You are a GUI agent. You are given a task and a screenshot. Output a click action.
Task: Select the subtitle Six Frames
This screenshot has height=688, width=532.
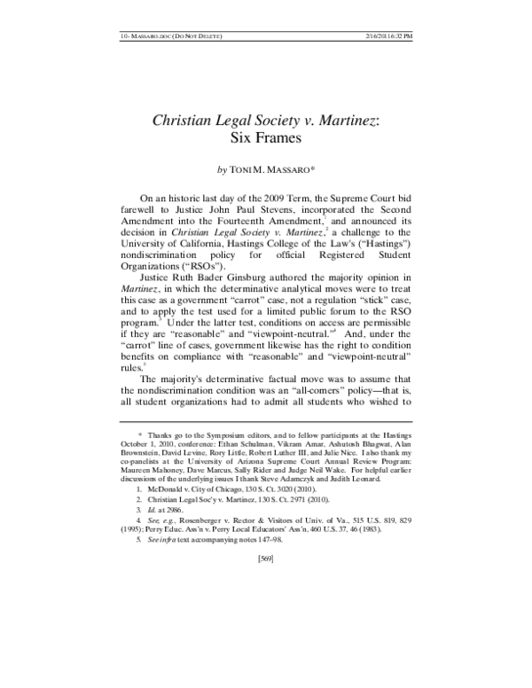coord(266,138)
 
